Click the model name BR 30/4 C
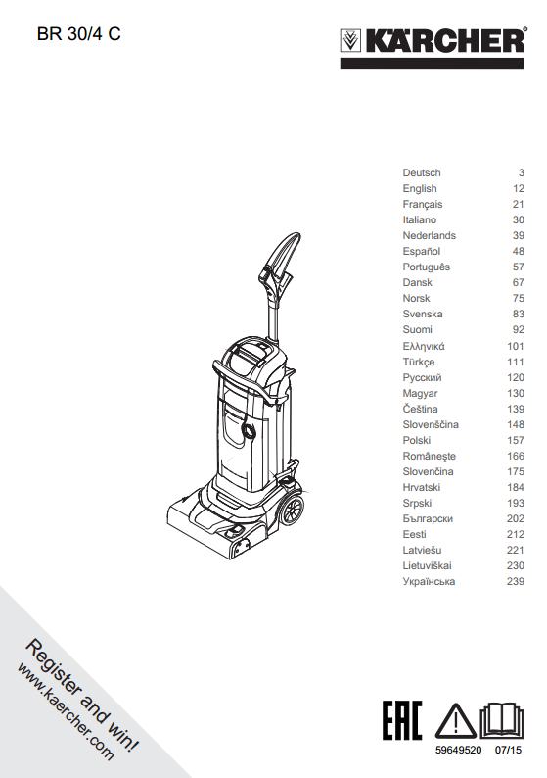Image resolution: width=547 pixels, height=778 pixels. click(x=79, y=33)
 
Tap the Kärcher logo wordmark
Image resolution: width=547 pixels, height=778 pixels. click(x=444, y=41)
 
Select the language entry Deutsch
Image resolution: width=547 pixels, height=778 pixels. click(x=422, y=172)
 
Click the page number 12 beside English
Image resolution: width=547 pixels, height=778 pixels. click(x=519, y=188)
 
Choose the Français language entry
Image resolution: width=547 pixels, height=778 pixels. click(x=423, y=205)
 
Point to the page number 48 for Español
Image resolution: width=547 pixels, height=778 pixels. click(x=519, y=251)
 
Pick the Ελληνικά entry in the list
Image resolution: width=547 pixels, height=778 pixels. click(x=424, y=346)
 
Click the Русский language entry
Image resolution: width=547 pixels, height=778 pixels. click(x=422, y=377)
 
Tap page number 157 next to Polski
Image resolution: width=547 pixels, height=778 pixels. click(x=516, y=440)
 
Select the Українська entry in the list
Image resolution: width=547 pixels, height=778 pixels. click(x=429, y=581)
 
